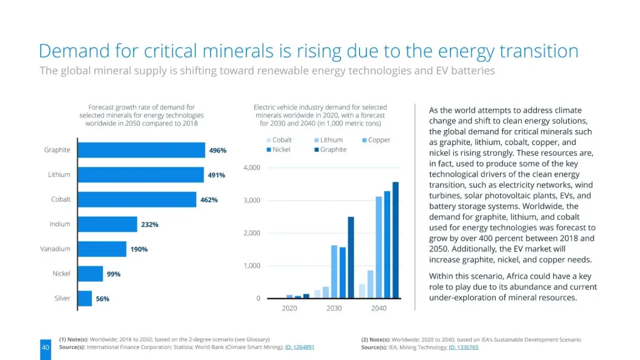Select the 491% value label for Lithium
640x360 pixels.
coord(216,175)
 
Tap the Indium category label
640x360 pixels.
coord(60,224)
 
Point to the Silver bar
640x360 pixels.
coord(84,299)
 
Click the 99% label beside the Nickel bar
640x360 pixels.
coord(113,274)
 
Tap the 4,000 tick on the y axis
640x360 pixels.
coord(251,168)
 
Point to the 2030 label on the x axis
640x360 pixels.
coord(334,308)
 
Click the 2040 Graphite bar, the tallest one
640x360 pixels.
coord(395,240)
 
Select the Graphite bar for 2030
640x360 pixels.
coord(351,257)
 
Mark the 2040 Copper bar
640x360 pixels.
coord(378,247)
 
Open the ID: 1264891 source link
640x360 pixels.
coord(299,347)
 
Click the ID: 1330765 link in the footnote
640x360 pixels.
coord(463,347)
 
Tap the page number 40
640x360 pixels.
coord(45,347)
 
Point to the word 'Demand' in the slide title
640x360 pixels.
coord(74,51)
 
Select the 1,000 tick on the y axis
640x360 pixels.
coord(251,266)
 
